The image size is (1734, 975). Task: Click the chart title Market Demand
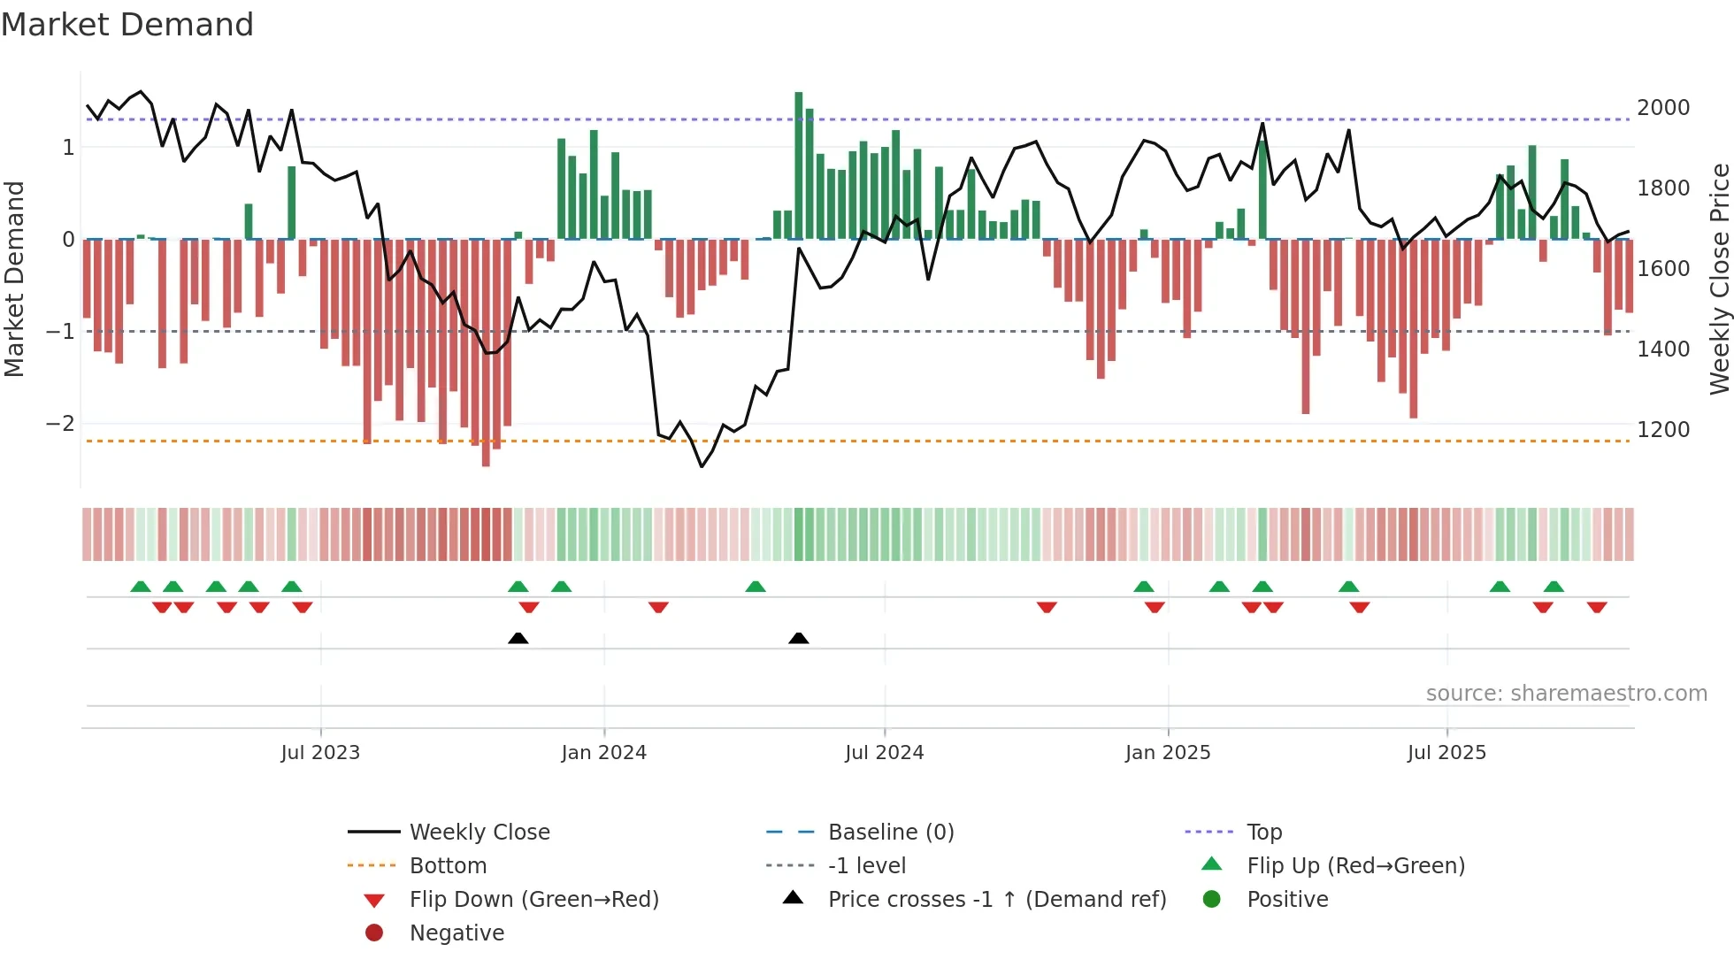[127, 25]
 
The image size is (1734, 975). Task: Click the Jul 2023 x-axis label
[320, 753]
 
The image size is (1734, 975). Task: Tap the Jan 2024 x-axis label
[603, 753]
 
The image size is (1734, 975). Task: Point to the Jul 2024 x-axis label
[884, 753]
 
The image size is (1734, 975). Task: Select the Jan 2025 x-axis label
[1168, 753]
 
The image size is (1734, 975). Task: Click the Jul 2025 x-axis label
[1446, 753]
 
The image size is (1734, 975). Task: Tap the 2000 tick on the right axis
[1663, 108]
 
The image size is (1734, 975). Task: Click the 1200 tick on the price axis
[1663, 430]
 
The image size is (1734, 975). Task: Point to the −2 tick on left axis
[60, 424]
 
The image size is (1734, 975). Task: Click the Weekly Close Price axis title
[1719, 279]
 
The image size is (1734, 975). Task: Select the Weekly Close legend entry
[479, 833]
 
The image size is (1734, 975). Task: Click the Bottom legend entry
[448, 866]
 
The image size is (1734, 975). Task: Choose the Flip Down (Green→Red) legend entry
[533, 900]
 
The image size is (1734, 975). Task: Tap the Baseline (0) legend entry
[890, 833]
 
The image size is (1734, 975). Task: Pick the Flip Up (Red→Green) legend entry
[1355, 866]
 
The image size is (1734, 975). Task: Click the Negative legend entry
[457, 933]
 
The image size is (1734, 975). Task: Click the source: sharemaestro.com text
[1566, 694]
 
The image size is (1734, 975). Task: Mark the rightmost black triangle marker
[798, 639]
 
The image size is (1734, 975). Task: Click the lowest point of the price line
[702, 466]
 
